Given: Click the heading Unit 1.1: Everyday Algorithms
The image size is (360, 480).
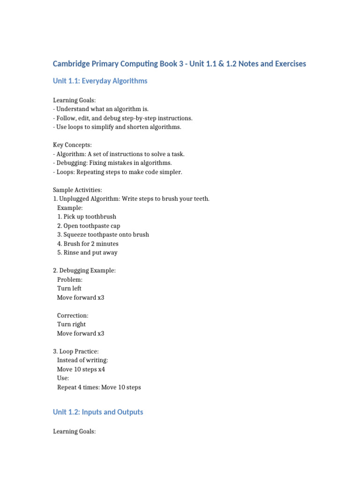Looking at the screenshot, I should pos(100,81).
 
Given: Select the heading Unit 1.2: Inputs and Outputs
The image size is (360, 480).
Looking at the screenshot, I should pos(98,412).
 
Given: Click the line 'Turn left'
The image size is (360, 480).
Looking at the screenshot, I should pos(69,289).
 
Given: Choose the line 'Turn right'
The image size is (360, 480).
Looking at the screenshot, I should pos(71,324).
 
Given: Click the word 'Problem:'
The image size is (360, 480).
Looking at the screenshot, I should pos(70,280).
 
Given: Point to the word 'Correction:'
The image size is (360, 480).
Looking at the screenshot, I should pos(73,315).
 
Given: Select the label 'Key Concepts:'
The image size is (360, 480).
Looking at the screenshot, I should pos(72,145).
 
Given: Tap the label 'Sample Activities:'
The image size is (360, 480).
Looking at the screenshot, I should pos(77,190).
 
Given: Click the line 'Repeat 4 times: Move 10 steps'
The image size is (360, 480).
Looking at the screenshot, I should pos(99,387).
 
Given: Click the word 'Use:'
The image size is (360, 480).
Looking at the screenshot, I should pos(63,378).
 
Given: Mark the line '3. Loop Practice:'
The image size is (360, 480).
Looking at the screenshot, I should pos(76,352).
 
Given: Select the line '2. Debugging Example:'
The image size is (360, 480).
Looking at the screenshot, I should pos(84,270).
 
